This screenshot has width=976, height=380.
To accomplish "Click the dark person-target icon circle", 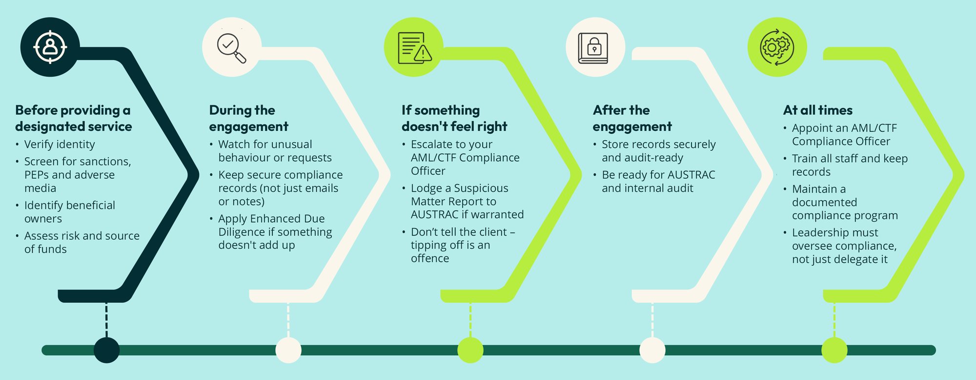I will [x=50, y=47].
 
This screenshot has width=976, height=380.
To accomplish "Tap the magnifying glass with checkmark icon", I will [x=231, y=47].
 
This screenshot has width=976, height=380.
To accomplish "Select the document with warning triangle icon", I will [x=414, y=47].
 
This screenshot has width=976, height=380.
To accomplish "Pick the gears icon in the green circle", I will [x=777, y=47].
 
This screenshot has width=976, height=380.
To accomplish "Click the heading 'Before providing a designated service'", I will [x=73, y=118].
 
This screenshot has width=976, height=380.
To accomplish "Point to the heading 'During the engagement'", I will [x=248, y=118].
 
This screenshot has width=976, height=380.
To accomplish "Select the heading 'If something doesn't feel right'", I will [x=454, y=118].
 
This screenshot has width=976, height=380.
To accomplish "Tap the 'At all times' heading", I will [x=818, y=110].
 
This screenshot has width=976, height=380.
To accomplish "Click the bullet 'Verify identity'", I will [x=60, y=145].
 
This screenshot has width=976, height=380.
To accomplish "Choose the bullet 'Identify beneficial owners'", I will [x=69, y=212].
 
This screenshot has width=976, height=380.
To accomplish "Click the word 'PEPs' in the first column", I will [x=36, y=175].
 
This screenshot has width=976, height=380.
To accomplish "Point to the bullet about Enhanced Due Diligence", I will [x=275, y=232].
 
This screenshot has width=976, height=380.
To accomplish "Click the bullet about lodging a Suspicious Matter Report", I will [x=467, y=201].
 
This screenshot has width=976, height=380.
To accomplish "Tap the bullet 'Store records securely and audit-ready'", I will [x=658, y=151].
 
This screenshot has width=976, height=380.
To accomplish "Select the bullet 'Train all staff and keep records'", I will [x=849, y=165].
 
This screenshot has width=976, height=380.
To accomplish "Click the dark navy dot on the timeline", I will [x=106, y=350].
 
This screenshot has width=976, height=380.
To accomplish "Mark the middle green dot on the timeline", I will [x=470, y=350].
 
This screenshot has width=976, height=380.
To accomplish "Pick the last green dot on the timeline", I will [x=834, y=350].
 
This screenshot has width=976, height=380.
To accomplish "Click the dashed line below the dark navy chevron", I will [x=106, y=320].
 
